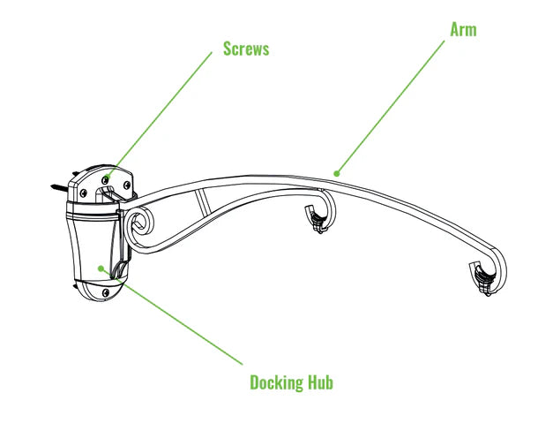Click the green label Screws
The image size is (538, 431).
(x=245, y=49)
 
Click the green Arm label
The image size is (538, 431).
(x=463, y=29)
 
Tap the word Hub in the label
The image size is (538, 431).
(x=320, y=382)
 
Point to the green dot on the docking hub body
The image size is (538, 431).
(x=101, y=268)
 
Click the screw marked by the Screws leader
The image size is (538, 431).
(x=106, y=178)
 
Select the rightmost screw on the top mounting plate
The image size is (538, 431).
(x=127, y=185)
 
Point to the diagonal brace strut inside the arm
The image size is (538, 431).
(x=204, y=202)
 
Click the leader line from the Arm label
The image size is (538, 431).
(x=397, y=96)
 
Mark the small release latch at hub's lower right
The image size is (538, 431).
(x=121, y=269)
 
